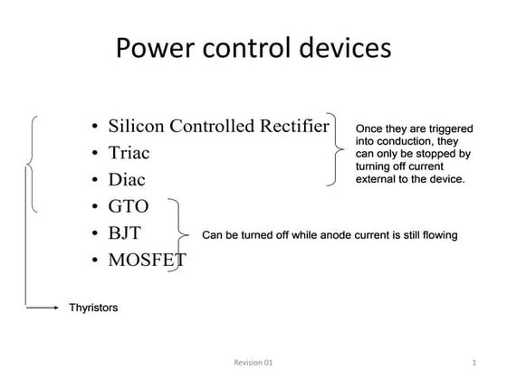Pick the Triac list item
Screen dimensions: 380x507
click(129, 153)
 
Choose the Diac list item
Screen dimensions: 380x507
click(127, 180)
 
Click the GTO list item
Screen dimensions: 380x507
click(129, 207)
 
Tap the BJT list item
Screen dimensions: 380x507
click(126, 234)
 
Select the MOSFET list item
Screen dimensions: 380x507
click(147, 261)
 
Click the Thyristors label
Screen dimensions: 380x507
click(93, 309)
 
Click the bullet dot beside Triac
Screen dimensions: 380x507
click(95, 154)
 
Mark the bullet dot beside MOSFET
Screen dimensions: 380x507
click(95, 262)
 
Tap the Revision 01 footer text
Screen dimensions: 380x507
click(253, 363)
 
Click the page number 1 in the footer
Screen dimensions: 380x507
click(474, 363)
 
